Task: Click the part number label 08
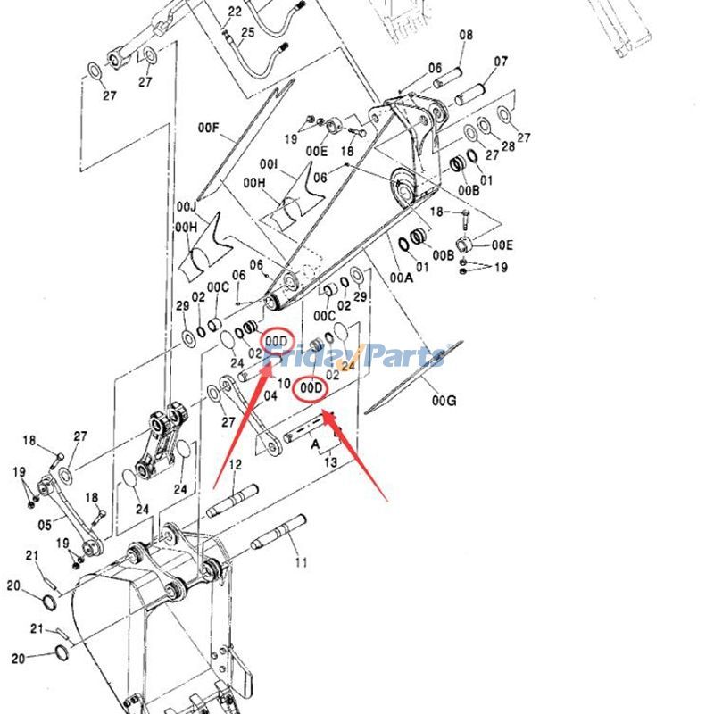466,35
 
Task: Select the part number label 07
501,62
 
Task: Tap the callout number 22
235,12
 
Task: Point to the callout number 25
247,33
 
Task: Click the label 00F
209,129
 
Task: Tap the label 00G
444,402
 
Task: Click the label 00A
402,278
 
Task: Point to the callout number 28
508,145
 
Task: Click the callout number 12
235,464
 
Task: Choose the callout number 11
301,562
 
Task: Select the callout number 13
330,462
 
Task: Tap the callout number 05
45,525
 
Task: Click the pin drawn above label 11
278,533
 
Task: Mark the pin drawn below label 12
232,501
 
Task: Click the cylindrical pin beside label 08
448,77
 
